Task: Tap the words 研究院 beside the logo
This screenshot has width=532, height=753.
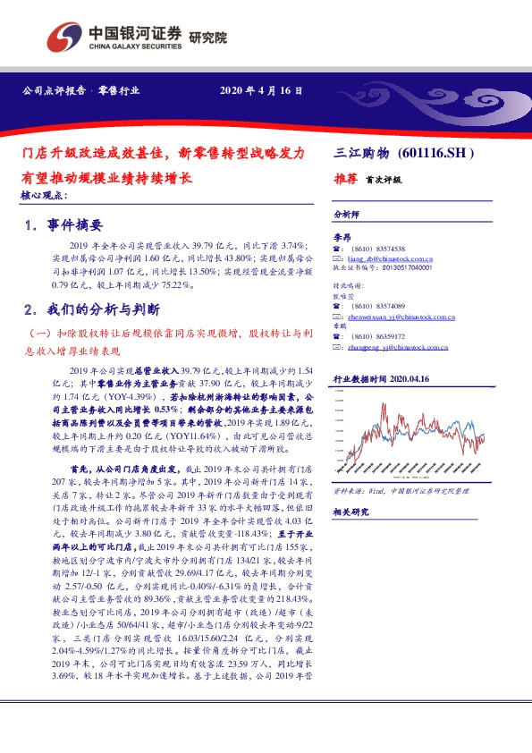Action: [x=208, y=38]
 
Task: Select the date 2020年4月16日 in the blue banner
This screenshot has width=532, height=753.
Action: [x=261, y=91]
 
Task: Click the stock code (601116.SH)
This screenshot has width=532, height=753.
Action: [x=441, y=153]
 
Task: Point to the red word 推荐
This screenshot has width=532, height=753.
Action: [x=346, y=179]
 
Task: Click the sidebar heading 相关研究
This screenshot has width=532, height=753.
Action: [x=350, y=512]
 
